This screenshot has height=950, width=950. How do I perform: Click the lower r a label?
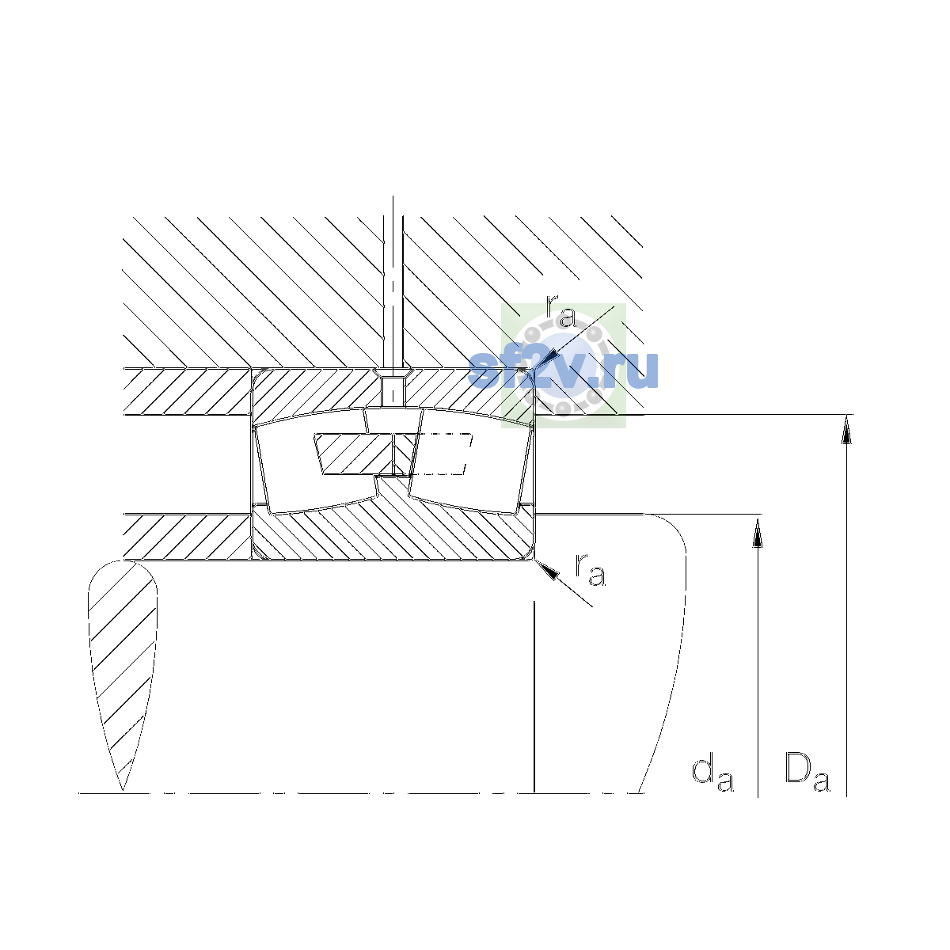590,569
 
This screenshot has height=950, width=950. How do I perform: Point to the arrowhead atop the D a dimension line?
846,429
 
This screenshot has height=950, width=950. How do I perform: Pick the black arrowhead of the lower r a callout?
547,569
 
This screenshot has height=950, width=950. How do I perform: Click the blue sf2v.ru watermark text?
563,370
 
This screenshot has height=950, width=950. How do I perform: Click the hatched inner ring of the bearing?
392,533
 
